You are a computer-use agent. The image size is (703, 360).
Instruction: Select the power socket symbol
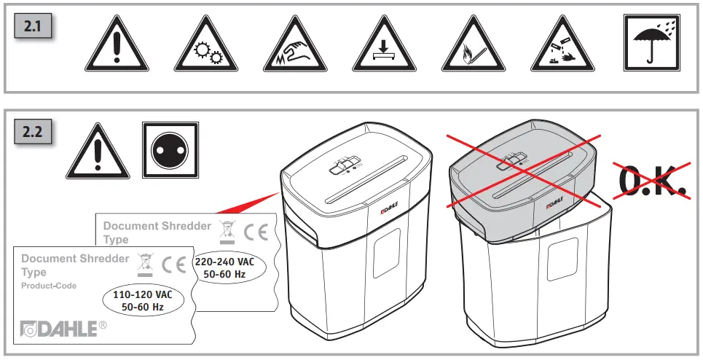(170, 150)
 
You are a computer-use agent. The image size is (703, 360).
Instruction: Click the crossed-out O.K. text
(652, 181)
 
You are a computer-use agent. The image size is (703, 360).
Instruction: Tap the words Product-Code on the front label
(49, 286)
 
